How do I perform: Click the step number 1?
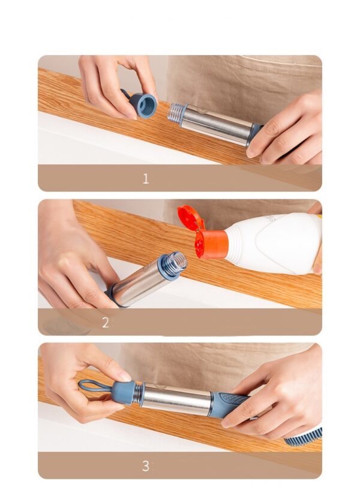point(145,178)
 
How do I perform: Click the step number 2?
point(106,322)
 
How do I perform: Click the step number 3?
point(145,466)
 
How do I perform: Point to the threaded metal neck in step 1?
point(176,113)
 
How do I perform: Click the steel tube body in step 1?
point(218,124)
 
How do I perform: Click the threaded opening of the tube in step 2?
point(176,263)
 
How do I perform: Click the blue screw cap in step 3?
point(122,392)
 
